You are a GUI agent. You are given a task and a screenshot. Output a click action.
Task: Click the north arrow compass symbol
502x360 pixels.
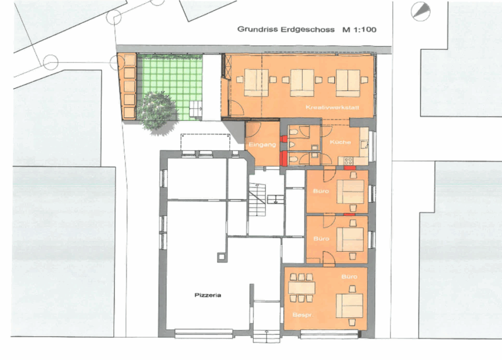(x=421, y=12)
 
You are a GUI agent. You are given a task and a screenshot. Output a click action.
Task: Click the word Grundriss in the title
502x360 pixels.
(x=258, y=30)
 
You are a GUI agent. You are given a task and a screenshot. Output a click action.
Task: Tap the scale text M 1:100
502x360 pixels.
(x=359, y=30)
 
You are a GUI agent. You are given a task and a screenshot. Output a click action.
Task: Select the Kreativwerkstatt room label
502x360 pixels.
(x=332, y=107)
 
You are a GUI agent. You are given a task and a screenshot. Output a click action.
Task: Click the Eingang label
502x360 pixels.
(x=262, y=145)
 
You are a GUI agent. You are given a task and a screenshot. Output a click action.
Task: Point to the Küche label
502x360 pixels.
(x=340, y=142)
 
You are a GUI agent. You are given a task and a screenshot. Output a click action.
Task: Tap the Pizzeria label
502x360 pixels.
(x=208, y=295)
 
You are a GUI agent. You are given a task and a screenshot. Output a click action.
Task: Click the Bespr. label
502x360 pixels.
(x=302, y=315)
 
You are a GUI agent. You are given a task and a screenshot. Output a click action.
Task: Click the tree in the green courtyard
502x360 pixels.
(x=158, y=111)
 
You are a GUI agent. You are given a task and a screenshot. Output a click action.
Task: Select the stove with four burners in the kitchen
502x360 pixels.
(x=348, y=160)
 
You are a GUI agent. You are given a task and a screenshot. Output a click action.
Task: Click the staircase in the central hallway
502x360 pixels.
(x=257, y=201)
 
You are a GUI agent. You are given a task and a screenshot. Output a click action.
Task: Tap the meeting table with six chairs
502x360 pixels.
(x=301, y=288)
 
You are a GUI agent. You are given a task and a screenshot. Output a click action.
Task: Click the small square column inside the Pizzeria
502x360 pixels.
(x=221, y=256)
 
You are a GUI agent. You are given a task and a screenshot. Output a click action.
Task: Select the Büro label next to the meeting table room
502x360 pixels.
(x=349, y=276)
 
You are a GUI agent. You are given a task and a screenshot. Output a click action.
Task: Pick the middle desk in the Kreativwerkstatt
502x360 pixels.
(x=302, y=82)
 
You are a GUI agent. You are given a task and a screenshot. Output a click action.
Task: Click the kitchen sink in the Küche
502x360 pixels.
(x=364, y=145)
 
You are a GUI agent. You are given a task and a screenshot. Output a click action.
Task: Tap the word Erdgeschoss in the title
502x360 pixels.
(x=308, y=30)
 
